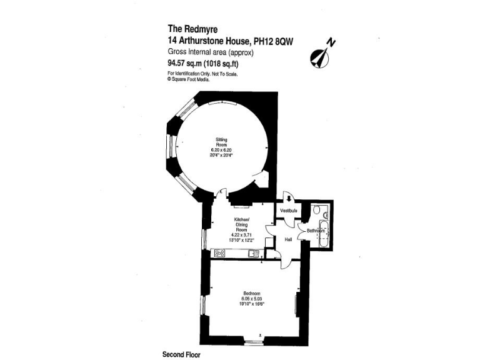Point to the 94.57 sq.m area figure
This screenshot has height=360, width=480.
point(187,63)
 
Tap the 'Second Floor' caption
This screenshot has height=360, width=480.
point(181,354)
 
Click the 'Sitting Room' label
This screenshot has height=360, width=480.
point(221,142)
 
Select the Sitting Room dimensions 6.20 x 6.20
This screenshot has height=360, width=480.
point(221,150)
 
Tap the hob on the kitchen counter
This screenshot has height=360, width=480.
point(220,253)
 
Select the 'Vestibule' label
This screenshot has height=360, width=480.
point(288,211)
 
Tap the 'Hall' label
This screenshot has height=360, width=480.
point(289,238)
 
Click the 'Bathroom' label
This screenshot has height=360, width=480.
point(315,231)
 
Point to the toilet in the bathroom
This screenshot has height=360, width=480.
point(317,209)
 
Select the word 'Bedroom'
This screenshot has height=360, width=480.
point(252,294)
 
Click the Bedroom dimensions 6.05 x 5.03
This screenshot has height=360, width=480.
point(252,299)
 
